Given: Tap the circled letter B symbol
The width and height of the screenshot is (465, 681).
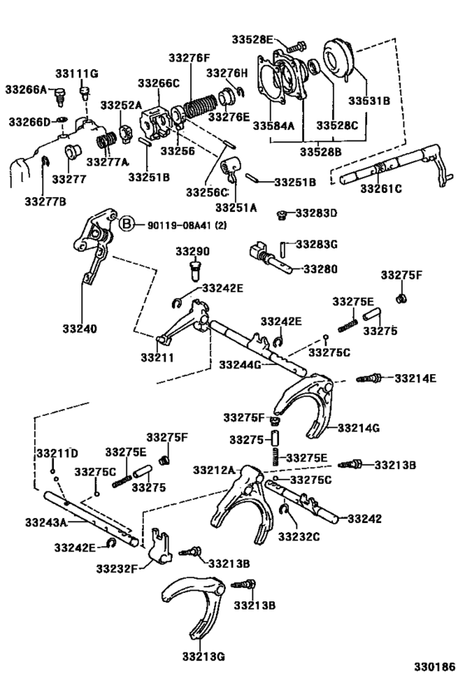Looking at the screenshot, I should click(x=126, y=224).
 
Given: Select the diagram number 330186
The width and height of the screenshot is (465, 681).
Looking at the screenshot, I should click(x=434, y=667).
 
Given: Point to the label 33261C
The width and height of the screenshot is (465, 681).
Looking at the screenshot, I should click(x=380, y=189).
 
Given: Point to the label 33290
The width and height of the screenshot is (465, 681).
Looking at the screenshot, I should click(x=192, y=251).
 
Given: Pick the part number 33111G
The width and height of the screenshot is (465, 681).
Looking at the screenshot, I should click(x=77, y=74).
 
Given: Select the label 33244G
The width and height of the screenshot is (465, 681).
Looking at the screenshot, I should click(x=241, y=363).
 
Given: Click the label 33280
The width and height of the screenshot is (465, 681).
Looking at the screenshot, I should click(x=320, y=269).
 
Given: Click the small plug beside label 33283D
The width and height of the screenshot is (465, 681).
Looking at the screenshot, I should click(x=281, y=215).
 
